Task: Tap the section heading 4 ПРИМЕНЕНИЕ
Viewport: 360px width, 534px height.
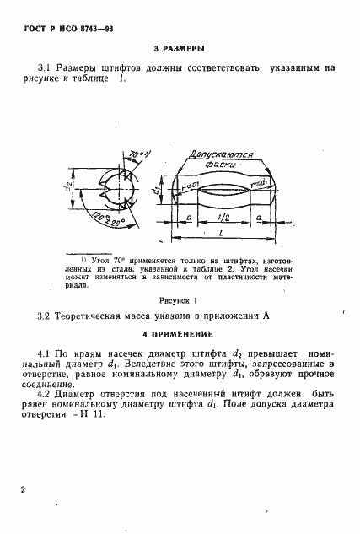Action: (180, 333)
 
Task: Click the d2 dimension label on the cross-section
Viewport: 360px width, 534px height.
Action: (67, 196)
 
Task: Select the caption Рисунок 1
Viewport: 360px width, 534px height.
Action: (178, 299)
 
